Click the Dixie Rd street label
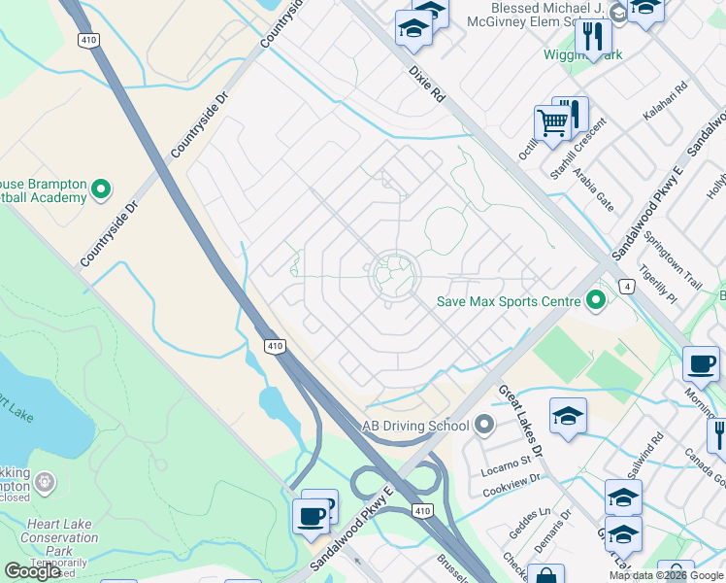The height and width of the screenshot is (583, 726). click(425, 86)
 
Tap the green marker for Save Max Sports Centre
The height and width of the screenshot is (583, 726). click(597, 301)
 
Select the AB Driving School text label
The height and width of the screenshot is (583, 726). click(415, 426)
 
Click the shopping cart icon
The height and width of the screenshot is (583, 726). click(552, 124)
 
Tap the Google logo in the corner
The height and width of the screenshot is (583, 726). click(32, 571)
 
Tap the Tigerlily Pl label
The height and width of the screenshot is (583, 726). click(656, 290)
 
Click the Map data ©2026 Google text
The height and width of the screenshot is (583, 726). click(666, 575)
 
